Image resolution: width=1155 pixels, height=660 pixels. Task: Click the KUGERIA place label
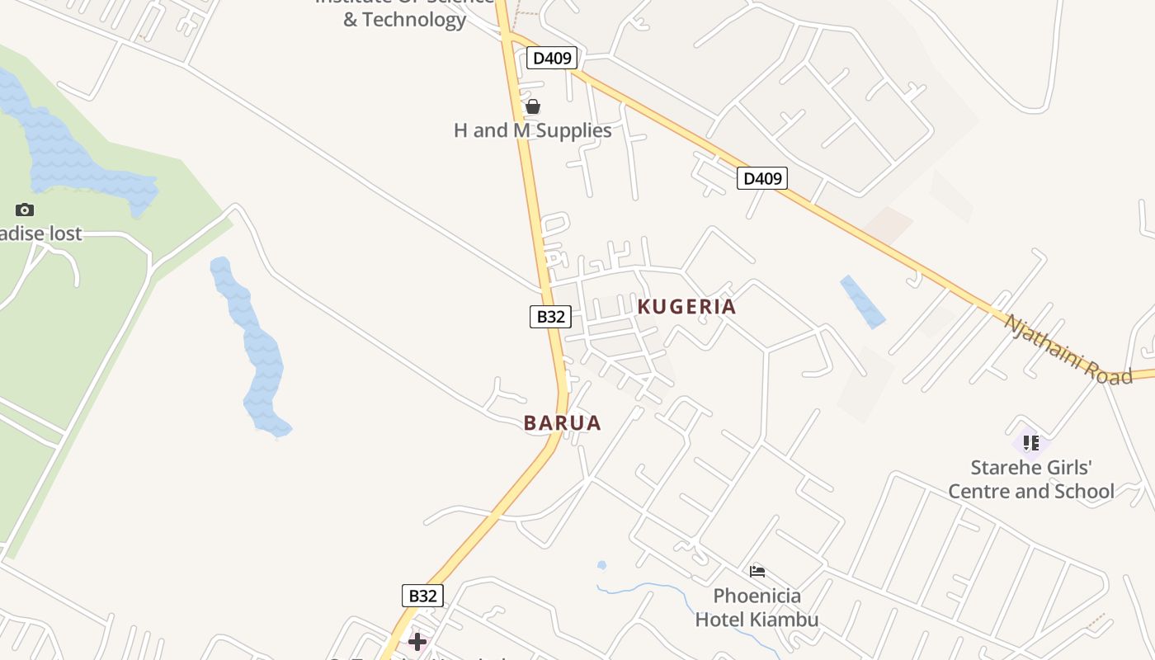(x=686, y=307)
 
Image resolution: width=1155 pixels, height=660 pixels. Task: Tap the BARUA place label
(x=562, y=423)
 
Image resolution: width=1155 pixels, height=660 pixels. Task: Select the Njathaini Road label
(x=1068, y=350)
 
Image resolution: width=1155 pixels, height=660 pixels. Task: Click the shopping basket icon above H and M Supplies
(x=533, y=106)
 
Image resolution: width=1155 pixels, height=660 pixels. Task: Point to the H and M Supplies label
(x=533, y=130)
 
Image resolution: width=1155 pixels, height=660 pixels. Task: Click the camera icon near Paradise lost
(x=25, y=210)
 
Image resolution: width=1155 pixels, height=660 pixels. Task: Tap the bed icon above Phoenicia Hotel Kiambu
(x=757, y=571)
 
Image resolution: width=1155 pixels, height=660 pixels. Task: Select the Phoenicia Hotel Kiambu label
(x=757, y=607)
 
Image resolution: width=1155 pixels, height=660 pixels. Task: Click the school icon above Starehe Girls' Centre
(x=1030, y=443)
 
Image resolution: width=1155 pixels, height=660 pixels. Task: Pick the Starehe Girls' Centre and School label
(x=1030, y=479)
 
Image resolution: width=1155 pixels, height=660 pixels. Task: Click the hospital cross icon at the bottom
(x=417, y=641)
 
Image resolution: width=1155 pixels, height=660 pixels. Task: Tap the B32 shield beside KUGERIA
(x=550, y=316)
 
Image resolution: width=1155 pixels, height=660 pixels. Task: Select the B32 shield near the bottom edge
(x=423, y=596)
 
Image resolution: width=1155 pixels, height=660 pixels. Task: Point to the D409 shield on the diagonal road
(x=761, y=178)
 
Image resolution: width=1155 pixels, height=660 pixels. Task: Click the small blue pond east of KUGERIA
(x=862, y=302)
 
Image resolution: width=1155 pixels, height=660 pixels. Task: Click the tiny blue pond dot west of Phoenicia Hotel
(x=601, y=566)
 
